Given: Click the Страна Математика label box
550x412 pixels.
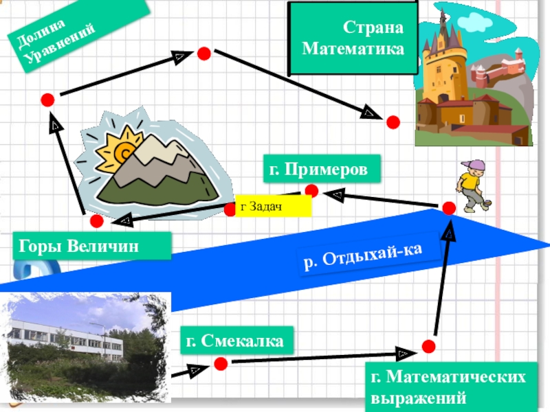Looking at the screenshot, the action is click(x=353, y=38).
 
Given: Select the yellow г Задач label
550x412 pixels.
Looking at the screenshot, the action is click(x=273, y=206).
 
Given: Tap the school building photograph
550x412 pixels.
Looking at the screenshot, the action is click(x=86, y=347).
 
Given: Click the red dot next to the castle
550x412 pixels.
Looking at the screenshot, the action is click(x=393, y=122).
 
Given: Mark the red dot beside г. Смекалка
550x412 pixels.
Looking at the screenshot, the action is click(x=221, y=363).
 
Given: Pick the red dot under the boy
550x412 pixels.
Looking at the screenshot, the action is click(x=449, y=207).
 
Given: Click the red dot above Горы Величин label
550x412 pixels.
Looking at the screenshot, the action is click(x=96, y=221).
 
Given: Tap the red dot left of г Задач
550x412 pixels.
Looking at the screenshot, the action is click(x=230, y=208).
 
